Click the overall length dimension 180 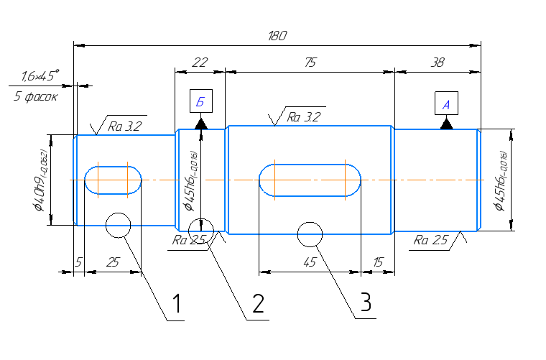point(277,36)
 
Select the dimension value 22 point(200,63)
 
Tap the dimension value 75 point(310,63)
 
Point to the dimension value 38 point(437,63)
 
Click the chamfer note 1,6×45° point(40,75)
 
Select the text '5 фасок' point(35,96)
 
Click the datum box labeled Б point(200,103)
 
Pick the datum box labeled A point(446,104)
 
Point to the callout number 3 point(366,303)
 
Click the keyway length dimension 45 point(310,263)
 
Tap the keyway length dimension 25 point(113,263)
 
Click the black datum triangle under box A point(446,124)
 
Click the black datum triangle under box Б point(200,123)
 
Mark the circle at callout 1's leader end point(117,225)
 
